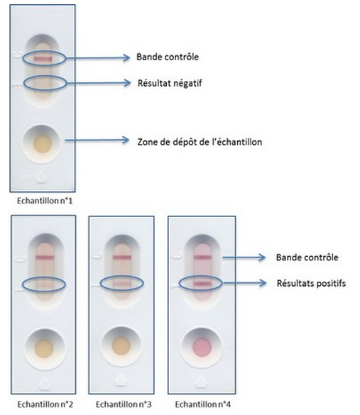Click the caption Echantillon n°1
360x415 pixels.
pos(45,201)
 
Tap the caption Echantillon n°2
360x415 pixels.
pos(45,404)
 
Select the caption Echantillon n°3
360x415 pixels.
pos(124,404)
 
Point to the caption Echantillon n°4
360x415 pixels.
pos(202,404)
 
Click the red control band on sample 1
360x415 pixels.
pos(43,59)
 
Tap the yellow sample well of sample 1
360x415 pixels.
pos(43,144)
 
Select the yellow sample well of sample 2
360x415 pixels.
pos(44,348)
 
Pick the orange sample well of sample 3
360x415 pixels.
pos(121,345)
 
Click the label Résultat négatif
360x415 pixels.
pos(170,84)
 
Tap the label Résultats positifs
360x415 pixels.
pos(311,283)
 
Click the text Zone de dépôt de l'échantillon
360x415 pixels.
pos(200,142)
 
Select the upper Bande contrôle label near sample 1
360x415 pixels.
pos(168,57)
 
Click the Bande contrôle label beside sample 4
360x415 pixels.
pos(307,258)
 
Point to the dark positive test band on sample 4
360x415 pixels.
pos(202,284)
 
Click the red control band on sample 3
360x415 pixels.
pos(122,258)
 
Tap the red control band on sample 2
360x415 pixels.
pos(45,258)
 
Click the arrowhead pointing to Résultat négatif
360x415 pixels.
pos(127,83)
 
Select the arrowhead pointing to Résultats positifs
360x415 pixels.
pos(263,283)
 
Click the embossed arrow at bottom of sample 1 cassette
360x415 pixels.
pos(41,177)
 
